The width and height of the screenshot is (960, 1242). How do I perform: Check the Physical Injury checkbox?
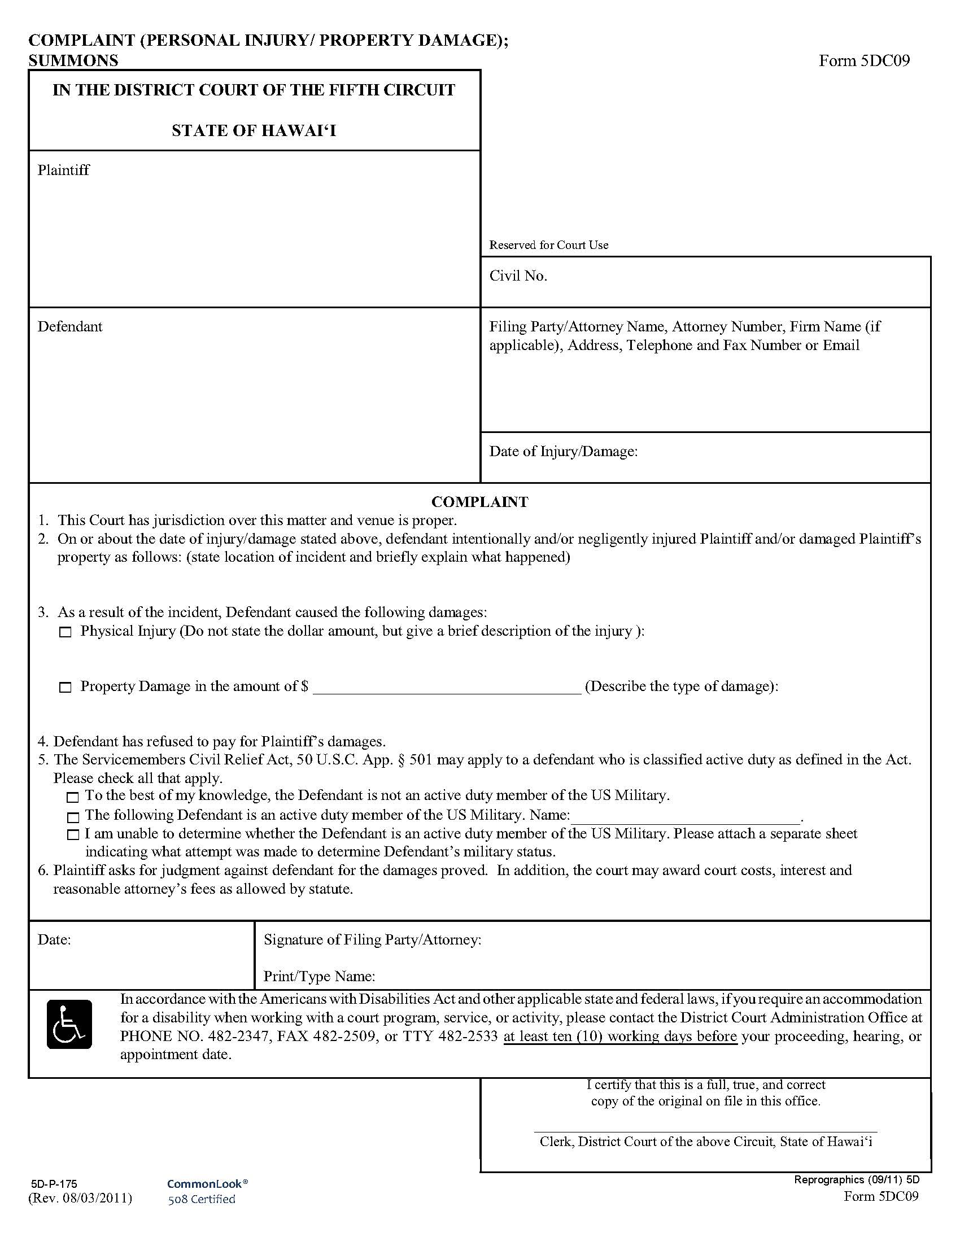pos(66,632)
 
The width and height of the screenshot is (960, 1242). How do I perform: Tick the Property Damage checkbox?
pos(66,688)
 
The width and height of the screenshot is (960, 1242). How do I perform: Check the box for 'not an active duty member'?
pos(72,797)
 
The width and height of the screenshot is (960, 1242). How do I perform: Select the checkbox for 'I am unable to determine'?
pos(72,835)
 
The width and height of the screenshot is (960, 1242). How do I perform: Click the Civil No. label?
pos(517,277)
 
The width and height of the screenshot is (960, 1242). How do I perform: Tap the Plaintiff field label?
pos(63,170)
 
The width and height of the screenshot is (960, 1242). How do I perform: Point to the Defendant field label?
pos(70,326)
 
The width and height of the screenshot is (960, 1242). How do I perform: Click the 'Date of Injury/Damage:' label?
pos(563,452)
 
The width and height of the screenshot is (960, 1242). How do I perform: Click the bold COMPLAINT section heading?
pos(479,501)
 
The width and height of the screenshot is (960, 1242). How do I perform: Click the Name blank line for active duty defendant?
pos(686,817)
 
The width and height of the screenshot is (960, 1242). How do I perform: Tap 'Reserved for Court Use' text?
pos(548,245)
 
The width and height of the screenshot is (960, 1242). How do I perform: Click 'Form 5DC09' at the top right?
pos(864,60)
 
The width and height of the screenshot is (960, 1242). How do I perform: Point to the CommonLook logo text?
pos(207,1183)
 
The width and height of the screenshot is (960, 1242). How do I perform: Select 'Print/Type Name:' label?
pos(319,977)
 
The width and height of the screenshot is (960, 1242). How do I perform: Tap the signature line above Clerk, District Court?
pos(705,1131)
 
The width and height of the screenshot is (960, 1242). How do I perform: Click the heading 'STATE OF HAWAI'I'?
pos(254,131)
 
